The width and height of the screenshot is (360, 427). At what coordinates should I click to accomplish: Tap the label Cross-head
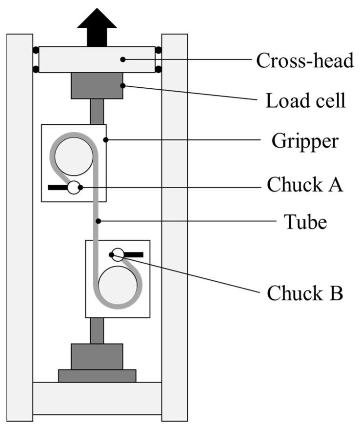[304, 61]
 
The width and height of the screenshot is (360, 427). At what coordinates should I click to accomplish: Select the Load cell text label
[305, 101]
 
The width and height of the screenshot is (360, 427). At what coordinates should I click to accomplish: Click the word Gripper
[305, 141]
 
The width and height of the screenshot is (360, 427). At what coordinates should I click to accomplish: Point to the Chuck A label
[305, 186]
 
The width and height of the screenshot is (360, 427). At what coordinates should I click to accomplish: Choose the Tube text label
[305, 222]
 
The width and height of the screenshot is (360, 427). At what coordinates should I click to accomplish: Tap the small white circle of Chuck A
[74, 187]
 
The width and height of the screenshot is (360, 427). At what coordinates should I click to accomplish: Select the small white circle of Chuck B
[118, 254]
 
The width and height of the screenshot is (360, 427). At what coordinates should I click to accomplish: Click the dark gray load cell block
[97, 86]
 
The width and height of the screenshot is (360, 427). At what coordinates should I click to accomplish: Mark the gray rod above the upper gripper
[97, 112]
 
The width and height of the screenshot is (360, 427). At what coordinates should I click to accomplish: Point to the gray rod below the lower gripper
[97, 330]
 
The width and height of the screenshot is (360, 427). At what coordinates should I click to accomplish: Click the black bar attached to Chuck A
[58, 187]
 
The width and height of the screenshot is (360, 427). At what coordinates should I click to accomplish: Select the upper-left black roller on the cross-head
[36, 50]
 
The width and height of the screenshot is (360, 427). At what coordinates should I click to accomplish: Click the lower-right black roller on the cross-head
[158, 69]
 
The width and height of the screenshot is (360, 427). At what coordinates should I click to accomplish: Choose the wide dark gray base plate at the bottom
[97, 375]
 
